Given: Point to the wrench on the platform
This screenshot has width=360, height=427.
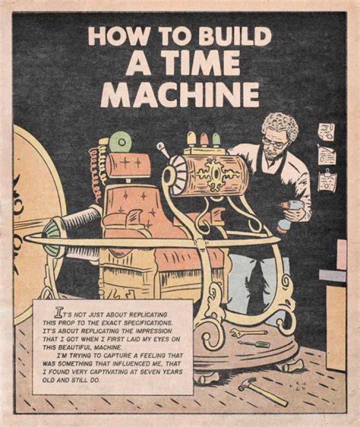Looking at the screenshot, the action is pyautogui.click(x=248, y=332).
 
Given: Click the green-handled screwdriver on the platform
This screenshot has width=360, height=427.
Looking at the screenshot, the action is pyautogui.click(x=254, y=343).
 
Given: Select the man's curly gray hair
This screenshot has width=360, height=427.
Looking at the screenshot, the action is pyautogui.click(x=280, y=126).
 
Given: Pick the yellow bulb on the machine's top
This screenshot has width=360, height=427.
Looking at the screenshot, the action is pyautogui.click(x=191, y=139).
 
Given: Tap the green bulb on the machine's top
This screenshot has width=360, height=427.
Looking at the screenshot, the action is pyautogui.click(x=216, y=140).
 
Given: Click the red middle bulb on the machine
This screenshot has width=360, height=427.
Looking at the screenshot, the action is pyautogui.click(x=204, y=140).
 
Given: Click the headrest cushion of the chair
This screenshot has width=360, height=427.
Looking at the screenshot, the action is pyautogui.click(x=127, y=165).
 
